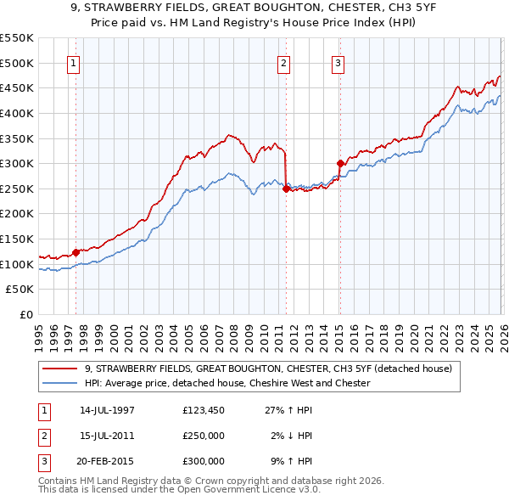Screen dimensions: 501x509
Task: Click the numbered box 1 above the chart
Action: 73,62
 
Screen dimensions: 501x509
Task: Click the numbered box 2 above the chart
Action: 283,62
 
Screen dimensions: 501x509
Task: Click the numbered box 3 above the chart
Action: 338,62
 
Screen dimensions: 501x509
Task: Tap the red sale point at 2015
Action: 340,163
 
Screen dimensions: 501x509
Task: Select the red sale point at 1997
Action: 76,251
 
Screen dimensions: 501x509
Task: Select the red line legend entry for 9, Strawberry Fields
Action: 270,369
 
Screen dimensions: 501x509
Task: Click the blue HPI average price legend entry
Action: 227,383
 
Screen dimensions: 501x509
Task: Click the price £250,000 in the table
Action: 204,436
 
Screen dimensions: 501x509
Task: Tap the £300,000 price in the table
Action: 204,461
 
